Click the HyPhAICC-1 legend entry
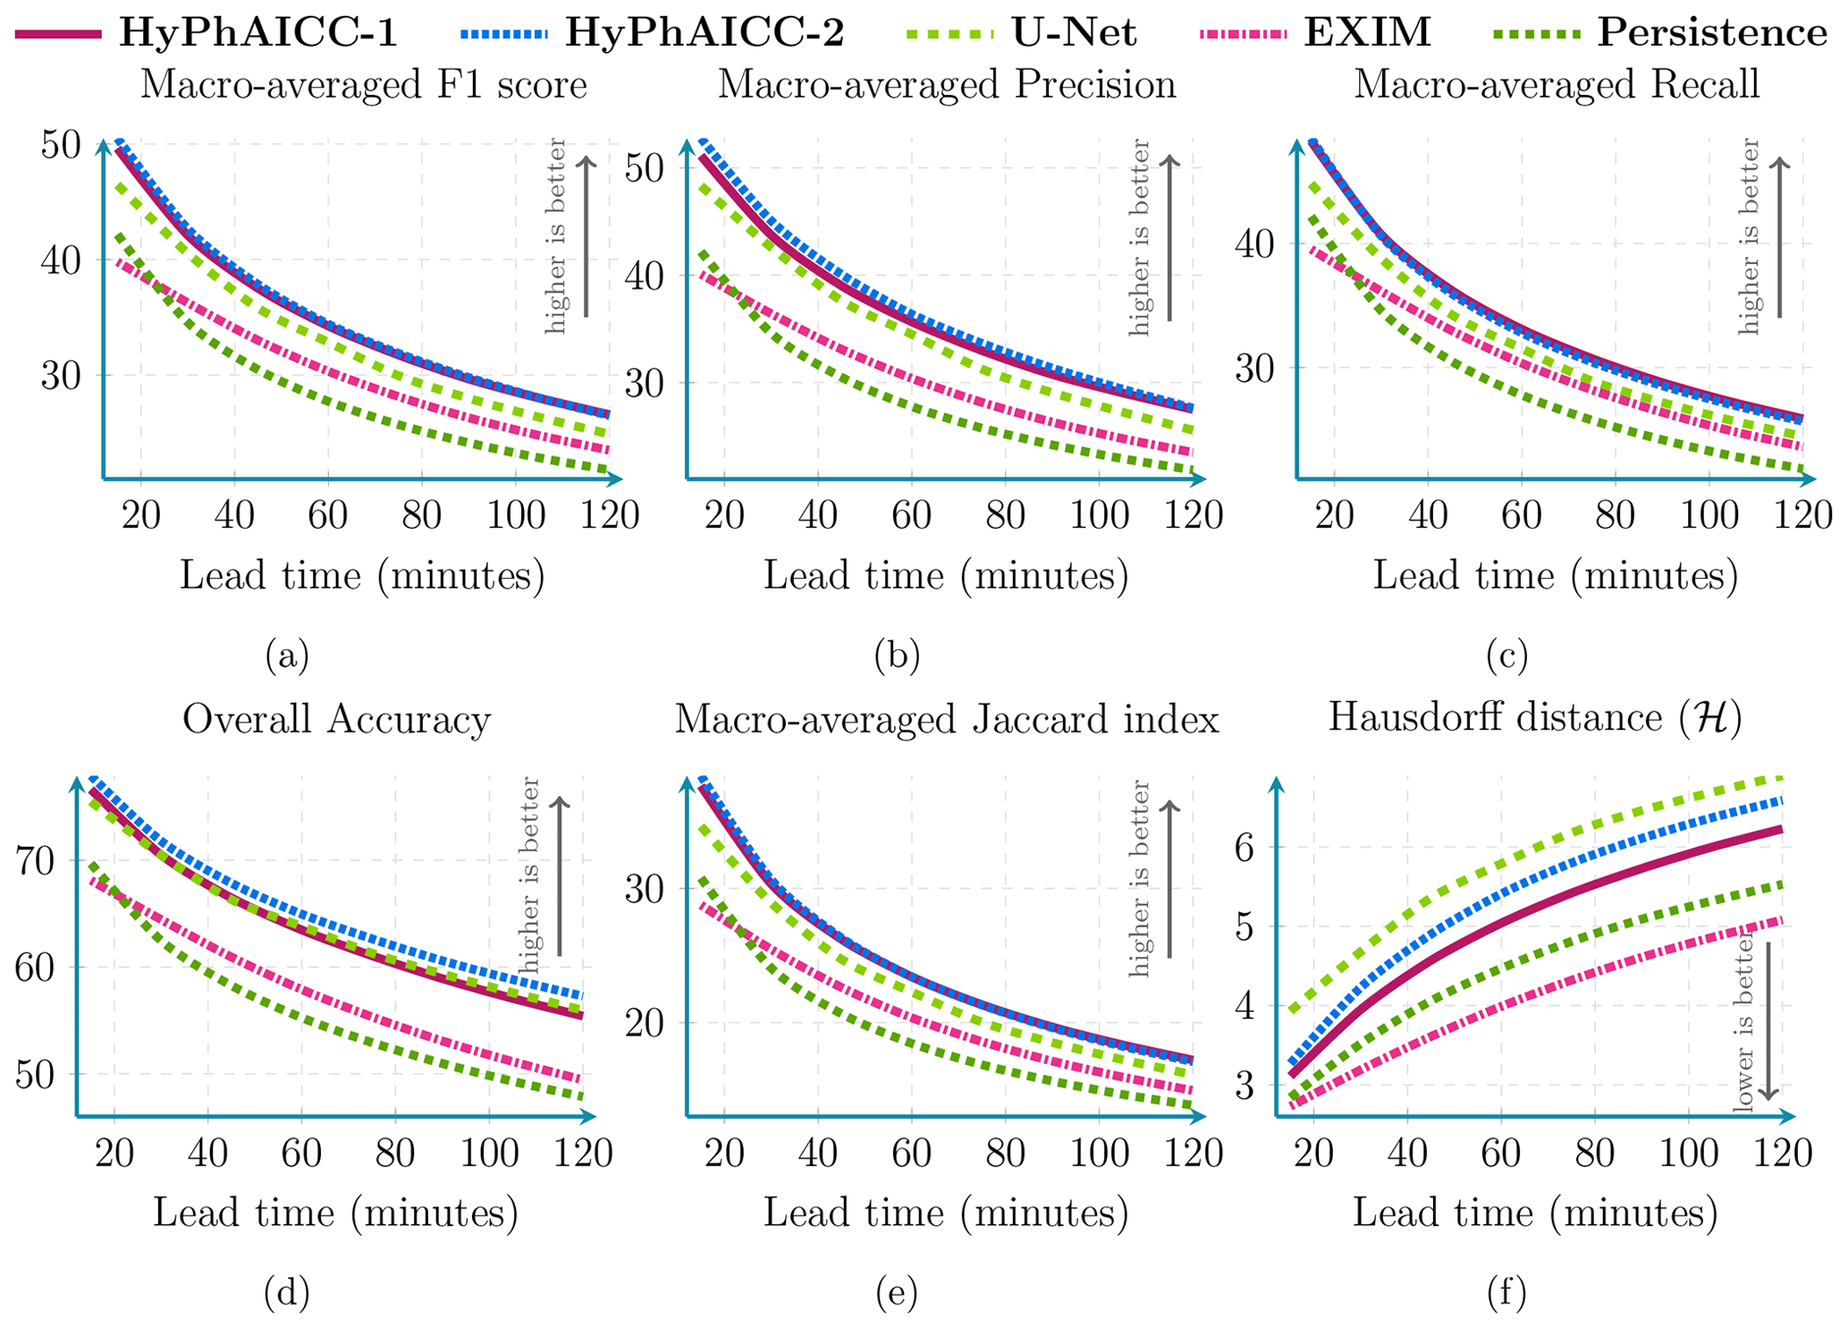(206, 33)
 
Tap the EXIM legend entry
(1315, 33)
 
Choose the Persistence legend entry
(1663, 33)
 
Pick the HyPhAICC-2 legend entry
(653, 33)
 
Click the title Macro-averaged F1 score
(363, 85)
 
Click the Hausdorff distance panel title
(1534, 718)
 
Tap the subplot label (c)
(1506, 656)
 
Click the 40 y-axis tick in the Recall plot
(1257, 244)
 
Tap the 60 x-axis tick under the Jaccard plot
(911, 1154)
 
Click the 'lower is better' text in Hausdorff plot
(1743, 1024)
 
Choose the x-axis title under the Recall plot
(1555, 575)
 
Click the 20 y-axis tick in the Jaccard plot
(646, 1023)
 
